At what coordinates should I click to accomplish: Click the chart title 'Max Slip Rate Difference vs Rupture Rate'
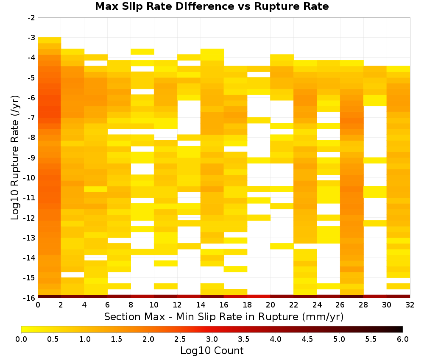point(212,6)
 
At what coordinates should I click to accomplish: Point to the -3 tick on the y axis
point(31,38)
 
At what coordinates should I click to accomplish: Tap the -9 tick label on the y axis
point(31,158)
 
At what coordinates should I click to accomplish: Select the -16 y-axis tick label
point(30,298)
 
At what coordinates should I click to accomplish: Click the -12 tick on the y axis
point(30,218)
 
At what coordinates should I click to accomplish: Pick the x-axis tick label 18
point(247,305)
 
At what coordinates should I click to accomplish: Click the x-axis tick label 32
point(410,305)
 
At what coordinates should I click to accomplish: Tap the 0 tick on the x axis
point(38,305)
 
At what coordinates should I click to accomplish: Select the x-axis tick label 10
point(154,305)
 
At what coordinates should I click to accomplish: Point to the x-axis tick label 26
point(340,305)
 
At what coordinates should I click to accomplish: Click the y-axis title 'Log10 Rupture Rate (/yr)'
point(15,158)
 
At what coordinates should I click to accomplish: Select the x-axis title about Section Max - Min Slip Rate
point(224,317)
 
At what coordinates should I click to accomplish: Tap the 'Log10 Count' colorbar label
point(212,351)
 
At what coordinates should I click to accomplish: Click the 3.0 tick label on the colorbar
point(212,339)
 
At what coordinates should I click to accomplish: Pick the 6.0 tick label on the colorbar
point(403,339)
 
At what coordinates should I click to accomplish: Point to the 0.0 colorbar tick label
point(21,339)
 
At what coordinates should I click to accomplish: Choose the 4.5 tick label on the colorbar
point(307,339)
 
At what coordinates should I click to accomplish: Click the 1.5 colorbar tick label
point(117,339)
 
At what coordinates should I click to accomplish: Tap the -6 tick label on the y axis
point(31,97)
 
